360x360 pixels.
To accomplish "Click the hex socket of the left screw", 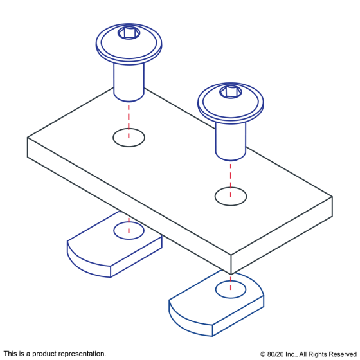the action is [129, 33].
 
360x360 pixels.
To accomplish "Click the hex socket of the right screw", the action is [231, 91].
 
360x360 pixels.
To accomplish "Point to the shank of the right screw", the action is [231, 141].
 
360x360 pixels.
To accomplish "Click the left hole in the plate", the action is [129, 138].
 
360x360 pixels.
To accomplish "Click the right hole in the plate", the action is [231, 196].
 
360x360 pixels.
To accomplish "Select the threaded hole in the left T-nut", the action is [129, 230].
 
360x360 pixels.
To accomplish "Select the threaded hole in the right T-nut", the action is [231, 289].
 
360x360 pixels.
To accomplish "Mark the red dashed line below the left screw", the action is [129, 122].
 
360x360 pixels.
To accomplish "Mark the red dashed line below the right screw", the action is [231, 180].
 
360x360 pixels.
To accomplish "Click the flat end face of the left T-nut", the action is [136, 256].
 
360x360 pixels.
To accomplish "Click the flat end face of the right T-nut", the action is [238, 316].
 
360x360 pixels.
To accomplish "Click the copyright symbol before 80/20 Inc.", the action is [263, 354].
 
